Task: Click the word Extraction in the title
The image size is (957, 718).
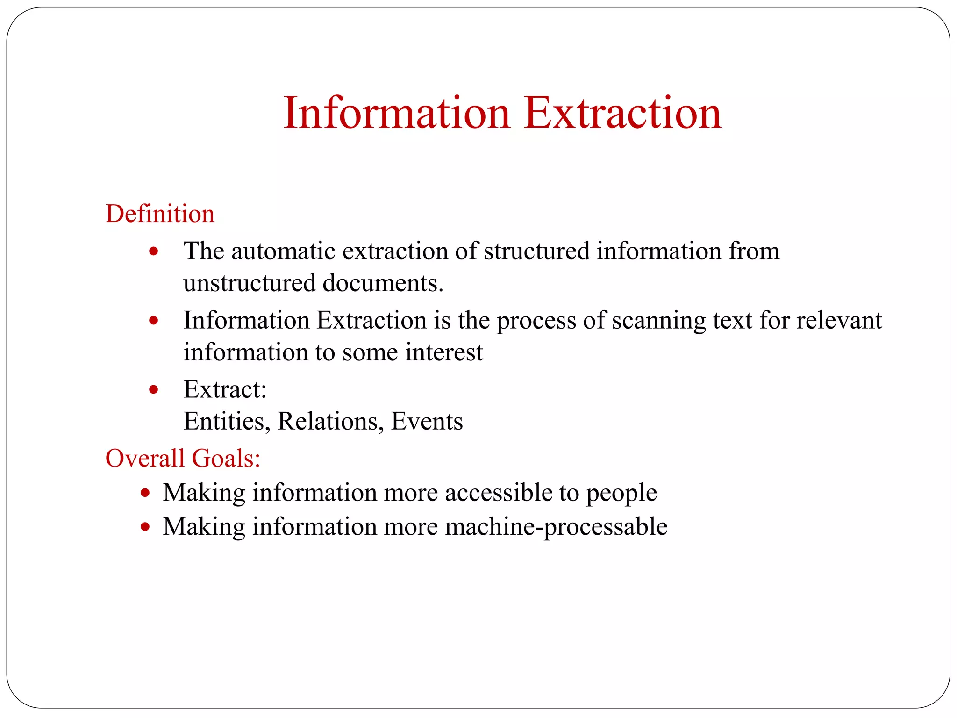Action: tap(622, 113)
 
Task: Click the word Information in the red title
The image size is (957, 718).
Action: tap(397, 113)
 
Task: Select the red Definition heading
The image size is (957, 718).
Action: tap(160, 214)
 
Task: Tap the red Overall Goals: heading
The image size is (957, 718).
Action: tap(183, 458)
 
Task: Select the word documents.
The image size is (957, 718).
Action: tap(383, 283)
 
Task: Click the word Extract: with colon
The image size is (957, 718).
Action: tap(225, 389)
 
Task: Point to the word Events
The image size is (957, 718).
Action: tap(427, 422)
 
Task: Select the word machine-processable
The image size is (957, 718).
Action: tap(556, 527)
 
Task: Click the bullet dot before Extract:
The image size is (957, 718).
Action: tap(154, 389)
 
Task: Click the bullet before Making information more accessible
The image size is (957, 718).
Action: tap(145, 493)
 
